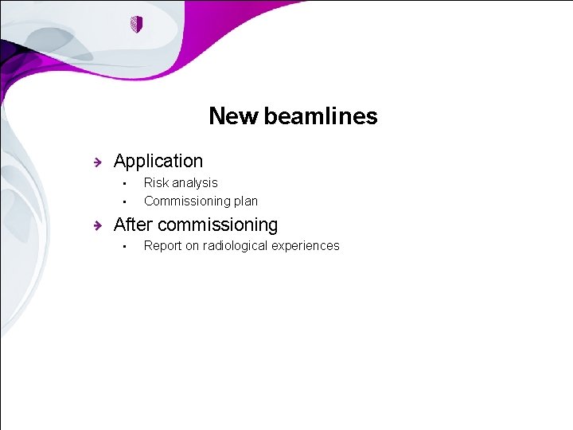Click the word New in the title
tap(233, 116)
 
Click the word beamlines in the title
tap(321, 116)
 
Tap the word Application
tap(158, 161)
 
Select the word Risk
tap(157, 182)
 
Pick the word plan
tap(245, 201)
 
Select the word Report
tap(163, 245)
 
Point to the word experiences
tap(308, 246)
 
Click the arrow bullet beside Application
tap(96, 162)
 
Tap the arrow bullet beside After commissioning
tap(96, 225)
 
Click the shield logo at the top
tap(136, 25)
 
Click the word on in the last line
tap(193, 245)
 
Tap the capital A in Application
tap(120, 161)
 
